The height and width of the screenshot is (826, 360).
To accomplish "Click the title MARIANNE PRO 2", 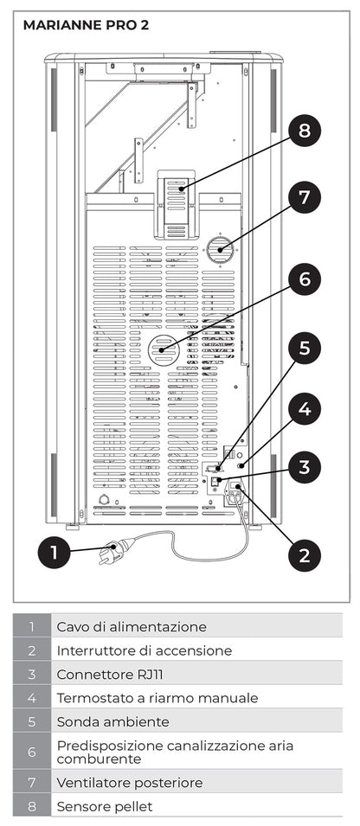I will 86,25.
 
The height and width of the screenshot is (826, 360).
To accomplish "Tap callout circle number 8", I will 304,131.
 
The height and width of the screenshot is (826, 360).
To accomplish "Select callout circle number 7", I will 304,197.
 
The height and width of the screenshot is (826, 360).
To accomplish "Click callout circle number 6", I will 304,279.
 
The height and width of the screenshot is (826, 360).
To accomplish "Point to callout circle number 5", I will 304,348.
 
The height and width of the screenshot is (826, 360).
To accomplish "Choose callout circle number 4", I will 304,408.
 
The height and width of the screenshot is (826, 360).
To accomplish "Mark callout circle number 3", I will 304,468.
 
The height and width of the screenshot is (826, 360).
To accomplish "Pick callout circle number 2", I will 304,554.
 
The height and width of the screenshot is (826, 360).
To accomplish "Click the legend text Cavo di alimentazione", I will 132,626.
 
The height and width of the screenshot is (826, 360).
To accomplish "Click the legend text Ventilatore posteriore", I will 129,782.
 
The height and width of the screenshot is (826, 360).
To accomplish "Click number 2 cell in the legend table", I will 31,650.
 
